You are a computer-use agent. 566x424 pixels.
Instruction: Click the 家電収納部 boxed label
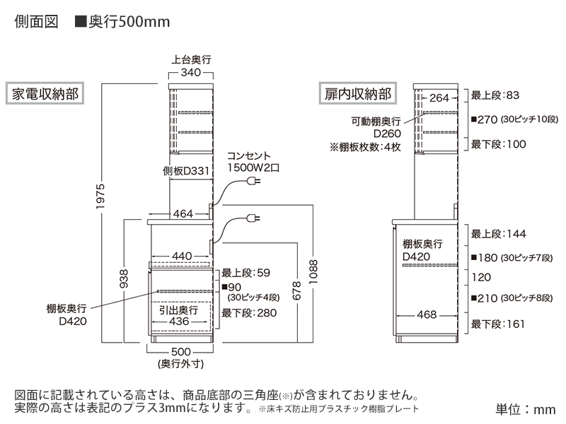45,93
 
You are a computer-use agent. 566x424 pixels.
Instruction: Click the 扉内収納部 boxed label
358,93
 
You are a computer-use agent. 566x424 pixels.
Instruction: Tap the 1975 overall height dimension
100,196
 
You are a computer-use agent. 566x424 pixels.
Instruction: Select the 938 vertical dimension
123,278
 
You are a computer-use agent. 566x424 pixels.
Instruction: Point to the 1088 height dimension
313,272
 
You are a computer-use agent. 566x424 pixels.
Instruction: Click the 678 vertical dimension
296,291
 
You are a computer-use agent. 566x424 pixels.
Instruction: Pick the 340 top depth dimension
190,73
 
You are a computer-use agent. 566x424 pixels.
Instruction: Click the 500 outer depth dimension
181,351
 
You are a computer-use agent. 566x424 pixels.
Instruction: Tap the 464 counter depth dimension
183,214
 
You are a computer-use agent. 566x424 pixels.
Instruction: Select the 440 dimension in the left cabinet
182,256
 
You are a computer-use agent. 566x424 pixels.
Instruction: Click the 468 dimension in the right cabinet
427,314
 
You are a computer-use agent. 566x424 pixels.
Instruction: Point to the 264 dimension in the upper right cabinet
439,98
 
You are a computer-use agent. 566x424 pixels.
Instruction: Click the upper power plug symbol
253,181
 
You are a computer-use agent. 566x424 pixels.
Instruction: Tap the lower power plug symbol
253,218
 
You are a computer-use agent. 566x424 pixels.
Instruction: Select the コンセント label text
249,155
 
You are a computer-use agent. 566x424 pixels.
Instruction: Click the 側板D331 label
186,171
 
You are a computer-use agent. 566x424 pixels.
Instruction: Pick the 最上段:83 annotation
495,95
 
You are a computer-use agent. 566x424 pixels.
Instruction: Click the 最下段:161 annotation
498,324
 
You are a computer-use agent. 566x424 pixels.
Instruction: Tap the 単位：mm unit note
526,409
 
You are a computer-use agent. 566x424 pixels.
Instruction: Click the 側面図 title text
36,22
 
